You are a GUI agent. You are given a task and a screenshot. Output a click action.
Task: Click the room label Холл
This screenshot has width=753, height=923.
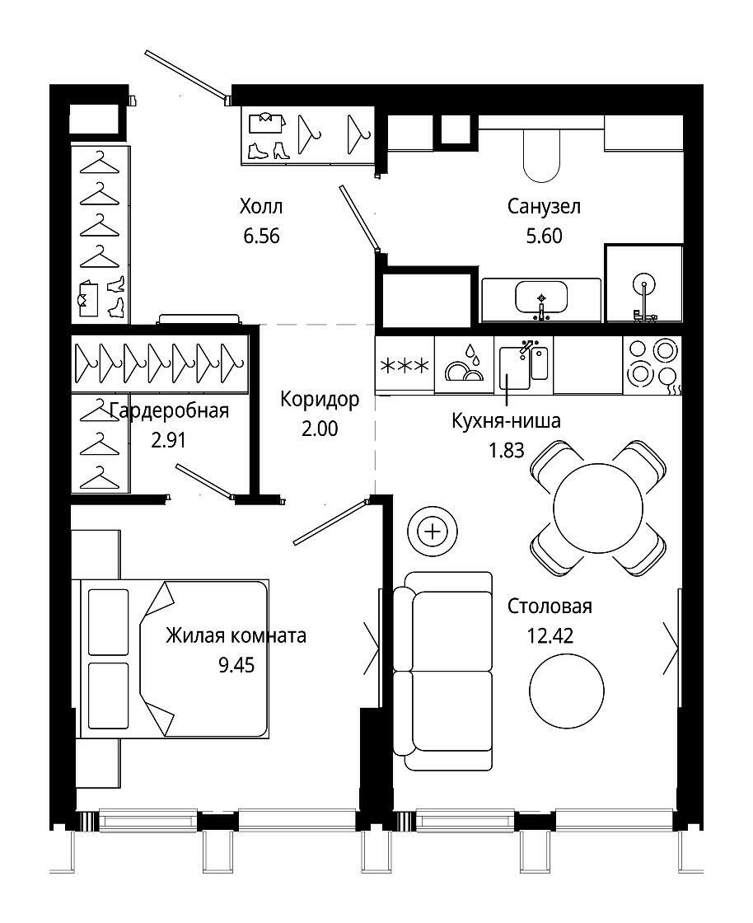[261, 207]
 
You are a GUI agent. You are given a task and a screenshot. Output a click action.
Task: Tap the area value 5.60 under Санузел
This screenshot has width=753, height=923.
[545, 236]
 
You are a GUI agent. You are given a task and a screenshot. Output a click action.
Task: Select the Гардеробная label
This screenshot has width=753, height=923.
[170, 410]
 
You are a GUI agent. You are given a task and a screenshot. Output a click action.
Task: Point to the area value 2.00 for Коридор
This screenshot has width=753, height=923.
[320, 429]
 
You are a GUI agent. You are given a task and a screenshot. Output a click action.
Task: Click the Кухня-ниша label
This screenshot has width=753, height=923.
[506, 421]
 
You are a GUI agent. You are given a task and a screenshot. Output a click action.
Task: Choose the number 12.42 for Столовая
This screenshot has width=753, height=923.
[550, 635]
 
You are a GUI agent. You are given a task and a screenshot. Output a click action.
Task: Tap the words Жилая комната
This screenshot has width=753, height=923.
[236, 635]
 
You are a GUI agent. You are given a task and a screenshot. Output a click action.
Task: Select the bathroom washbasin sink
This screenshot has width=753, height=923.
[541, 298]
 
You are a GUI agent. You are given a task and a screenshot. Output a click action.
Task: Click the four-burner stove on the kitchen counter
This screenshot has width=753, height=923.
[652, 365]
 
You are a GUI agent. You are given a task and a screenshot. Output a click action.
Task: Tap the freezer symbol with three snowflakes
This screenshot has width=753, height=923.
[405, 366]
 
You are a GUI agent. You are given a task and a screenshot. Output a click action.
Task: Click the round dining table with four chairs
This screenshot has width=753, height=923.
[598, 508]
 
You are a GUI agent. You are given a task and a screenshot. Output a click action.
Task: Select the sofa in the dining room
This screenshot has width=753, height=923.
[443, 671]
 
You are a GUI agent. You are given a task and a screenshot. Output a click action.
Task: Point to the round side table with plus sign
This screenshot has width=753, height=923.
[433, 532]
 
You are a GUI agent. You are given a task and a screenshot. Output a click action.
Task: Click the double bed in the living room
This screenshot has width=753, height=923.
[175, 658]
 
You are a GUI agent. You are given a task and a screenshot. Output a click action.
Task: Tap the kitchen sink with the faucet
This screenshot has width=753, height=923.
[524, 366]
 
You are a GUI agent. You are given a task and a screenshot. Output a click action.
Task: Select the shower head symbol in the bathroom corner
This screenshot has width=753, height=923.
[644, 284]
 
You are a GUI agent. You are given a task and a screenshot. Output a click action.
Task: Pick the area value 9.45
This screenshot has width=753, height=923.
[236, 665]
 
